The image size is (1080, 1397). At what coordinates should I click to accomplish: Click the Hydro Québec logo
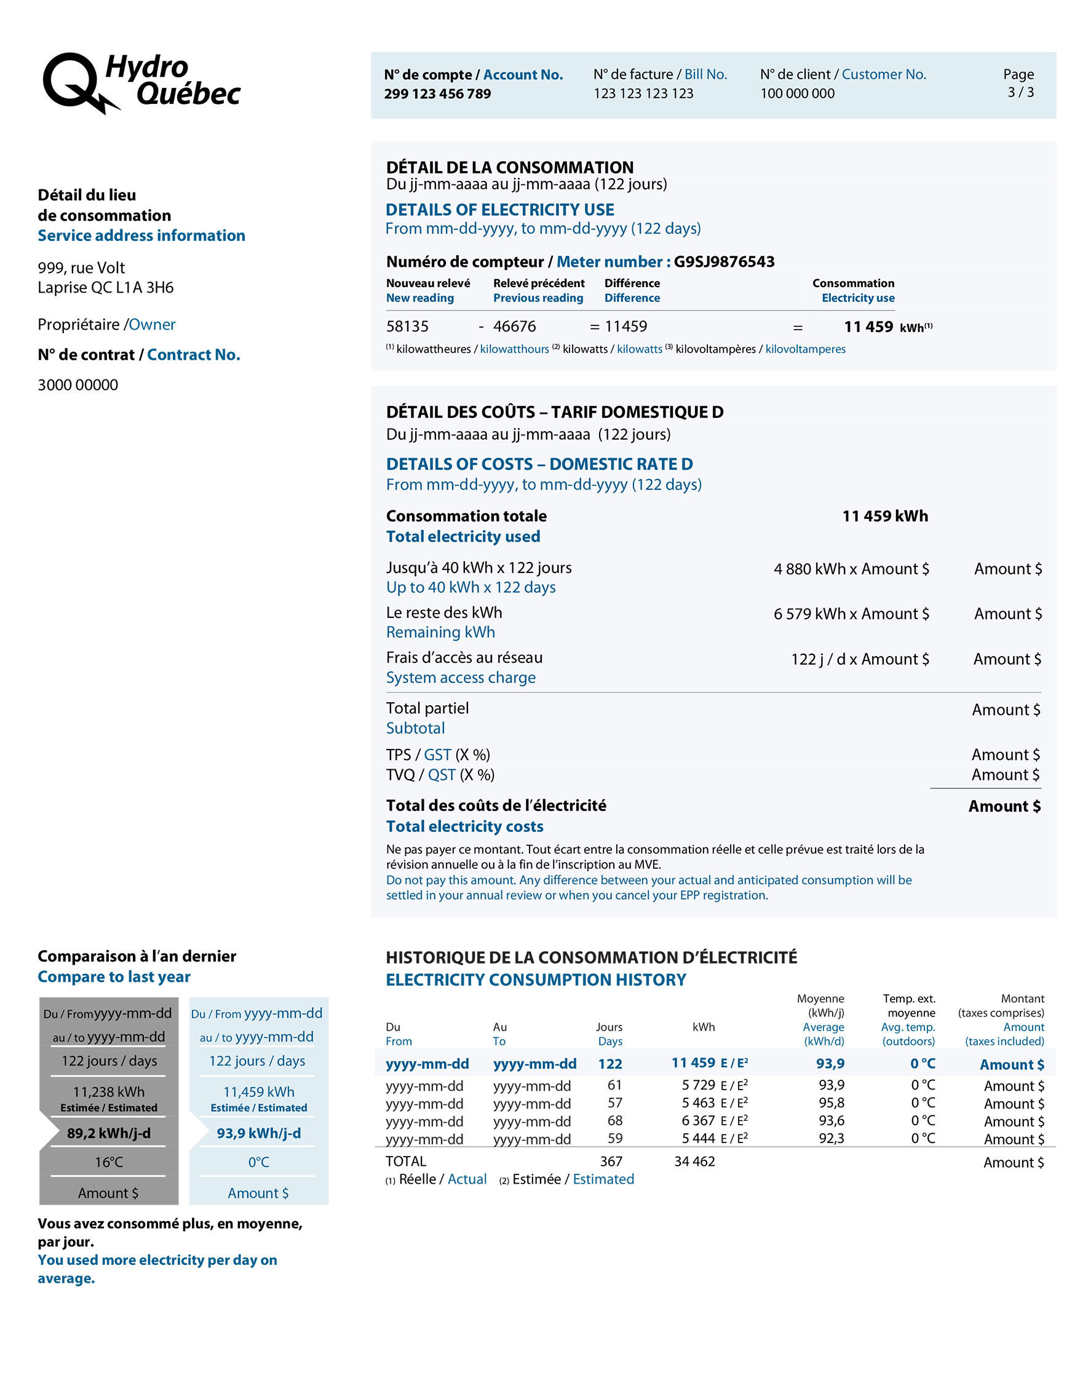141,82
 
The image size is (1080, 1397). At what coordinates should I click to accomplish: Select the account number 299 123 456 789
438,93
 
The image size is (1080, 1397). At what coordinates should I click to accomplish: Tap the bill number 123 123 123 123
643,93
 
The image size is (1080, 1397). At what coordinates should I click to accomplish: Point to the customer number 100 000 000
797,93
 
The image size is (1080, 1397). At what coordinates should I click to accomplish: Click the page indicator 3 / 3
1020,92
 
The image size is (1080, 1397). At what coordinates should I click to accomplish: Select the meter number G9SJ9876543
724,261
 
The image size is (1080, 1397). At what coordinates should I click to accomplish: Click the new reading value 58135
407,327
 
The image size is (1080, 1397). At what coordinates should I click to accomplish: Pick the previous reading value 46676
514,327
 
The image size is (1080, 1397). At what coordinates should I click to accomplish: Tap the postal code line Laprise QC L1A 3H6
106,288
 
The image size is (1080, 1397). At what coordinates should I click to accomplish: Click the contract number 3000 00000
78,385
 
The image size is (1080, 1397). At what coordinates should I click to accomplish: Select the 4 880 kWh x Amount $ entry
851,569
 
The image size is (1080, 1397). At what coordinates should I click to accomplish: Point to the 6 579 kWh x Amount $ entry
851,614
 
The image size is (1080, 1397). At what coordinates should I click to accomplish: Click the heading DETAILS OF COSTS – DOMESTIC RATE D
539,464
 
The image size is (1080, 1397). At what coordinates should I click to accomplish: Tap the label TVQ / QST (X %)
440,775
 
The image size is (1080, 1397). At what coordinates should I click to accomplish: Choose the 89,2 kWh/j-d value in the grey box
109,1133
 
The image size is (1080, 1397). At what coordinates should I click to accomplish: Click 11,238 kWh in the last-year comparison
109,1092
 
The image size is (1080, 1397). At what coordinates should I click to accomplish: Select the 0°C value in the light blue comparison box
258,1162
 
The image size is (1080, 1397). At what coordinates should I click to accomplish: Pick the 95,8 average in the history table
831,1104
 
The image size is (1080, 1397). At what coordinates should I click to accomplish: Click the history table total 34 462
694,1162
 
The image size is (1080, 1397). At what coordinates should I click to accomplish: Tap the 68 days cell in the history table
615,1121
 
